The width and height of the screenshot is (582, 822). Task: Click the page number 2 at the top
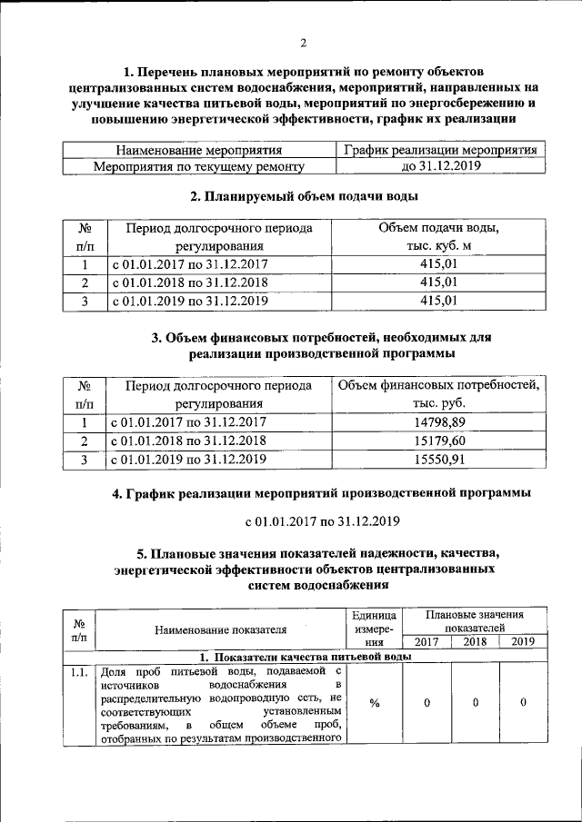(x=304, y=42)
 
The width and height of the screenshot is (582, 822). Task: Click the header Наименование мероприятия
(x=199, y=150)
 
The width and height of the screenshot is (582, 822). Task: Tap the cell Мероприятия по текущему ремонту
(x=199, y=166)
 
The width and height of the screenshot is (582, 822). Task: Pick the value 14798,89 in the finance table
(x=439, y=422)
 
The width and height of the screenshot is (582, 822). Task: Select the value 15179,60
(x=439, y=441)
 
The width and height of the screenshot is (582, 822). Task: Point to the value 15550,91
(x=439, y=460)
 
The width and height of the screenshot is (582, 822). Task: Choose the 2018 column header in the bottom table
(x=475, y=642)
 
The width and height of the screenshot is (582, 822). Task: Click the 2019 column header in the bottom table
(x=523, y=642)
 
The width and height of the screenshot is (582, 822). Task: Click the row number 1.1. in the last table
(x=78, y=672)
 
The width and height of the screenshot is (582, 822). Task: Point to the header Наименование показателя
(x=220, y=629)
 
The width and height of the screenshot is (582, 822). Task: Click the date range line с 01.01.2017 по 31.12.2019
(x=322, y=521)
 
